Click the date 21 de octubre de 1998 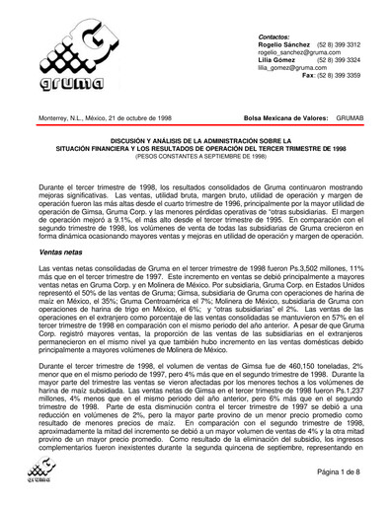148,116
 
